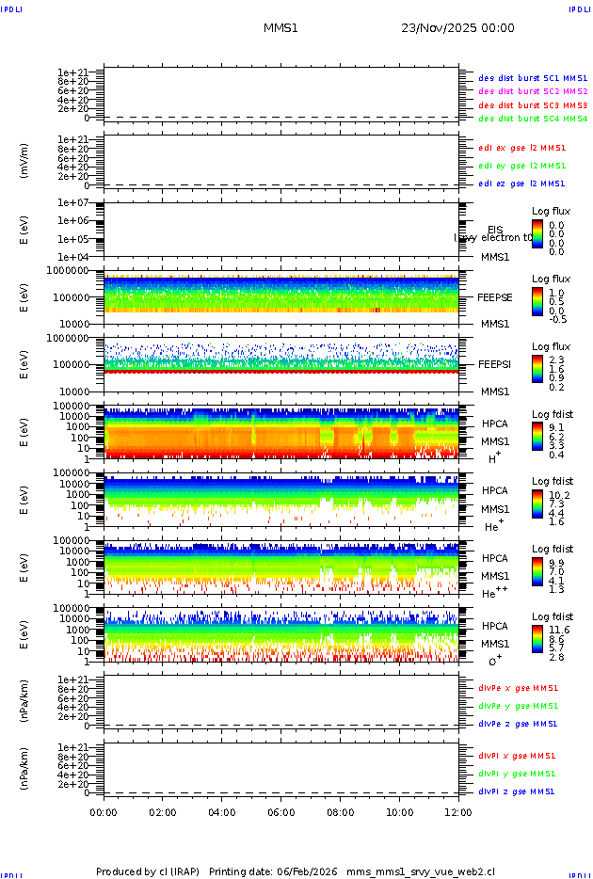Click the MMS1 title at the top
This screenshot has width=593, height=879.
280,28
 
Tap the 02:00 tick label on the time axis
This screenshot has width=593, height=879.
163,812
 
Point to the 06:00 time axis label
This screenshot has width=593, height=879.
281,812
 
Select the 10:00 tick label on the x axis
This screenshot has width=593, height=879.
400,812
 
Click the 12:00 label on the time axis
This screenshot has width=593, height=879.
457,812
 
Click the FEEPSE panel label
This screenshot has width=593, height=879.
495,297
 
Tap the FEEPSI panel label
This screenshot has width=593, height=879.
495,364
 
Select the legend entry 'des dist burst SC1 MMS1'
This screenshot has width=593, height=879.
533,78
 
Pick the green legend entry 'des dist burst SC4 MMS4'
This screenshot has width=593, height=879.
533,120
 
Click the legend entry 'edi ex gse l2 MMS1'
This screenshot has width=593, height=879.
521,148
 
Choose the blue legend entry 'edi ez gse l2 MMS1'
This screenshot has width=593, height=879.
521,184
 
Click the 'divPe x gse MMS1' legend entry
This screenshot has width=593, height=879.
518,688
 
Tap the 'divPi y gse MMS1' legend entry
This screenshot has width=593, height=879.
518,774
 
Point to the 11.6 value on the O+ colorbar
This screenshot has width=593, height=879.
559,629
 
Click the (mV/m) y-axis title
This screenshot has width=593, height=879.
25,161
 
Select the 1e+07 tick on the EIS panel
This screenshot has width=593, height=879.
72,203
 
